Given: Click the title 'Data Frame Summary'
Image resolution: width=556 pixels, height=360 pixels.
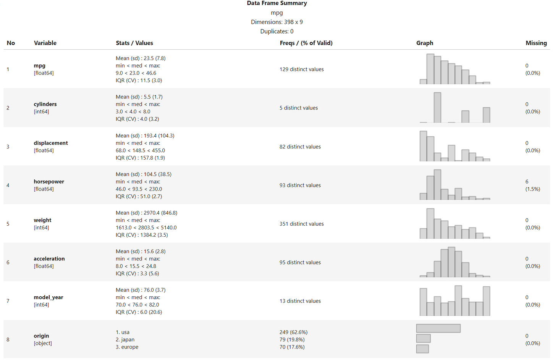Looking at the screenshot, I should click(x=277, y=3).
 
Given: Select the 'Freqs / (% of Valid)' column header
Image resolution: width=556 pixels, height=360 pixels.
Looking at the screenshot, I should click(x=306, y=43).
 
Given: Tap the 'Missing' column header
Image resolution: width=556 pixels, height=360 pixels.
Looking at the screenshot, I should click(x=536, y=43).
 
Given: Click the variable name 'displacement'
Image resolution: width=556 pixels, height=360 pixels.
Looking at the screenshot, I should click(x=51, y=143).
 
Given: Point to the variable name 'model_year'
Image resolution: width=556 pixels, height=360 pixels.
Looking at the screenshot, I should click(x=48, y=297).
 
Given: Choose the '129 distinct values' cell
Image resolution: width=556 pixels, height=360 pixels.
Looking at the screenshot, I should click(x=301, y=69).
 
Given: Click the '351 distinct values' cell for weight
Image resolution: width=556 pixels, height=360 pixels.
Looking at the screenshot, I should click(x=301, y=224).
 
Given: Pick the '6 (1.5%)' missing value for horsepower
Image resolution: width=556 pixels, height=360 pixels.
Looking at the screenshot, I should click(x=532, y=186).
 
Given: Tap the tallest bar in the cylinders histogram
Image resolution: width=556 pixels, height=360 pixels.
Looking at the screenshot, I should click(x=437, y=108).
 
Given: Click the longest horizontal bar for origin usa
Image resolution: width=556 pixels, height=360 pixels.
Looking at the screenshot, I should click(x=438, y=328).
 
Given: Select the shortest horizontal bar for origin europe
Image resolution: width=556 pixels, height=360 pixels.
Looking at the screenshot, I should click(x=422, y=349).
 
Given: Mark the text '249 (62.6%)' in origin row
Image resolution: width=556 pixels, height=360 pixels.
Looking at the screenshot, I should click(x=293, y=333).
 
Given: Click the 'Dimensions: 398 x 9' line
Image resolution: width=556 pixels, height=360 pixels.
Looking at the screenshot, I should click(x=277, y=22).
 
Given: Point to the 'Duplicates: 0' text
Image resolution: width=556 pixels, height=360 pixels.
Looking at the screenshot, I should click(x=277, y=32).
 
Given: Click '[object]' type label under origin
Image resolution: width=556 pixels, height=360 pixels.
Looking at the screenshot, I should click(x=43, y=344).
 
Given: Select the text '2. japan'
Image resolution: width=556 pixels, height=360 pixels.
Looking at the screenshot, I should click(x=125, y=340).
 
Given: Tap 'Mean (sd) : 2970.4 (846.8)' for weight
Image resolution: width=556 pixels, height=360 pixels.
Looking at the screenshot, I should click(x=147, y=213).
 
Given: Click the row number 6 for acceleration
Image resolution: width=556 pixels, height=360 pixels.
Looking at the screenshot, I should click(x=8, y=263).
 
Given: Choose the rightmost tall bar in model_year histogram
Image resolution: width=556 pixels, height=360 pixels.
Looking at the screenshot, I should click(x=486, y=301).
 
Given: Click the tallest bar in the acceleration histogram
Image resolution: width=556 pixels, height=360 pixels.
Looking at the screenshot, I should click(x=451, y=262).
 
